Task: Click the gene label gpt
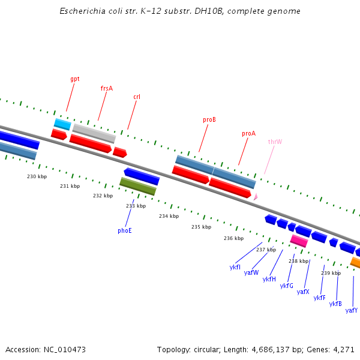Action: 75,79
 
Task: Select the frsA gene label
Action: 107,88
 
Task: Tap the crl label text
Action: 137,97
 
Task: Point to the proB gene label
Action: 209,120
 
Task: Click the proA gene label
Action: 248,134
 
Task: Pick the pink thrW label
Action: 275,142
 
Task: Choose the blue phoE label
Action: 124,230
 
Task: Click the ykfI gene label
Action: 235,267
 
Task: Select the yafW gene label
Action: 251,272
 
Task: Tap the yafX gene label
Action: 303,292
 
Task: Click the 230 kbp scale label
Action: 37,176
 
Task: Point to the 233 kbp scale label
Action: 136,206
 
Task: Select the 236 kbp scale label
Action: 233,238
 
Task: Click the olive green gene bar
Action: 138,186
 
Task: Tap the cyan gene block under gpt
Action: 62,124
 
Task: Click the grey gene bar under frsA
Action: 94,133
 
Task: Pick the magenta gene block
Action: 299,241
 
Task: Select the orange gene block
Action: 355,263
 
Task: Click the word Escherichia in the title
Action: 81,11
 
